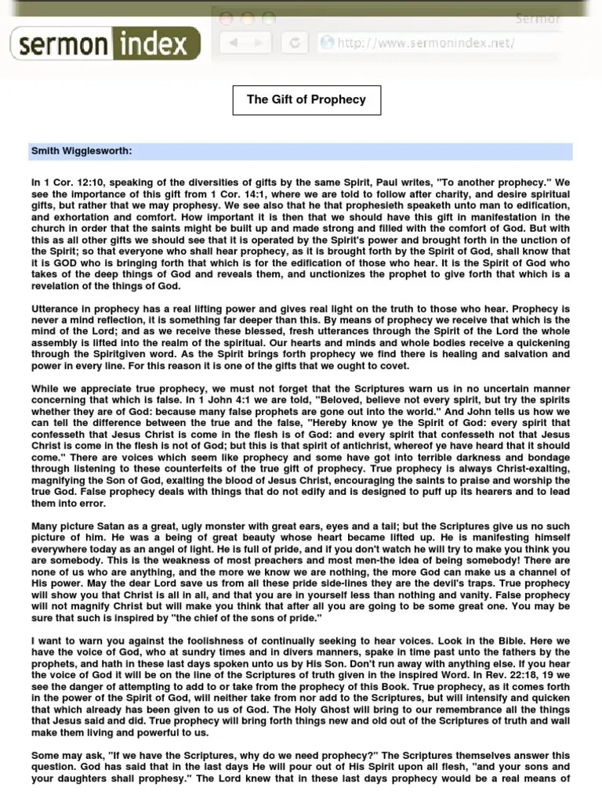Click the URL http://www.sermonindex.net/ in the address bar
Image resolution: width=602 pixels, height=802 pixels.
coord(426,43)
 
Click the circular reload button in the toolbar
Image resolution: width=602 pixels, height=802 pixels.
coord(295,43)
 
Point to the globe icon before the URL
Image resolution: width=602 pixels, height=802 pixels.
coord(327,43)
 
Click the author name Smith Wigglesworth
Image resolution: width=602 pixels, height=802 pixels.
coord(82,150)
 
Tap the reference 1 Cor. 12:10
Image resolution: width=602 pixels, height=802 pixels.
coord(72,182)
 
